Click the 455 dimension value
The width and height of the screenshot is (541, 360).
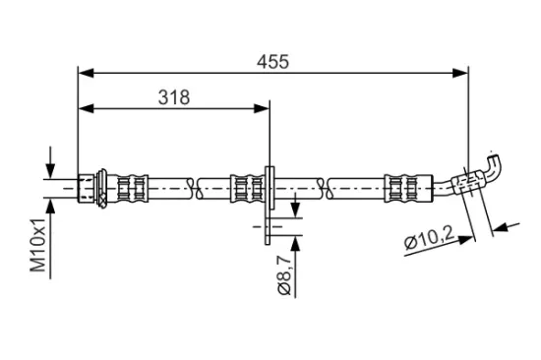[x=272, y=61]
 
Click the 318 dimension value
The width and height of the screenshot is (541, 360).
[x=173, y=96]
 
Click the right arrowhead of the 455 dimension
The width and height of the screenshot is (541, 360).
[x=461, y=73]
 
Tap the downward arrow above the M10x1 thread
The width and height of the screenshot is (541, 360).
[x=50, y=168]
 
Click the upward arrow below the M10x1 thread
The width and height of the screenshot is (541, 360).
[x=50, y=203]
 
